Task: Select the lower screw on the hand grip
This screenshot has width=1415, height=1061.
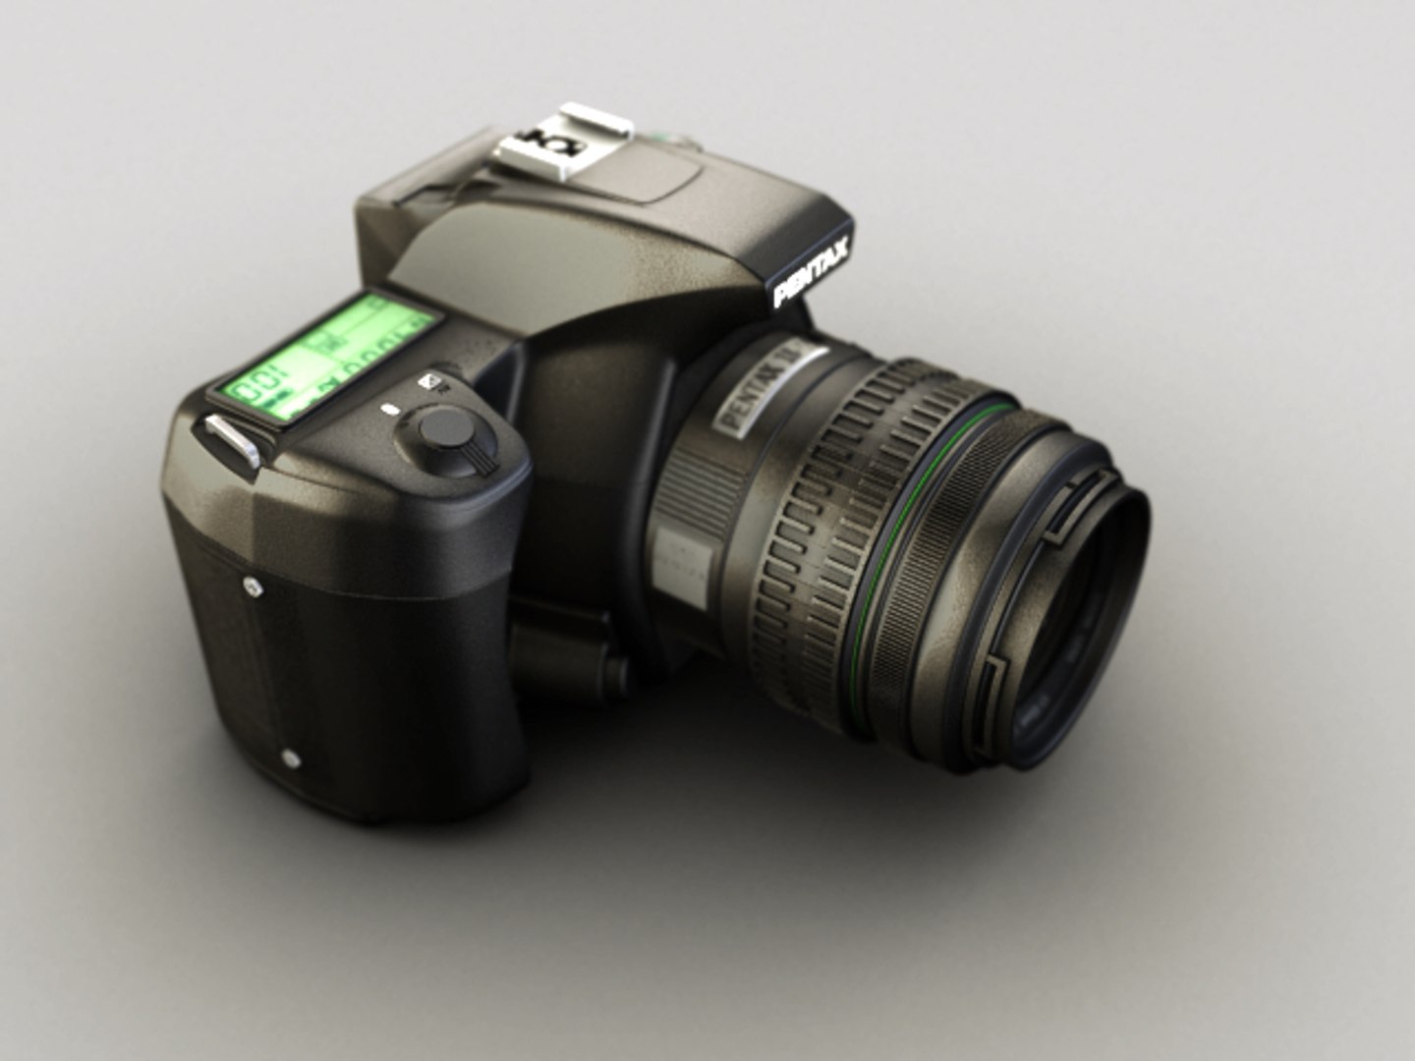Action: click(x=290, y=757)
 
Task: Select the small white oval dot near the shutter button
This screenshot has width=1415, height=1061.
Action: click(x=388, y=408)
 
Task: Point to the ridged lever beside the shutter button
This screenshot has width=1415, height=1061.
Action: click(x=484, y=452)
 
